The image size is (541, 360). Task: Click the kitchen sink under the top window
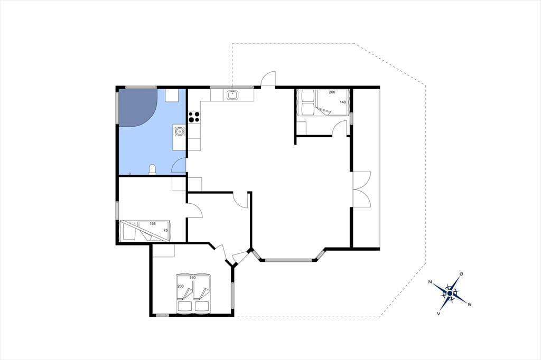(233, 94)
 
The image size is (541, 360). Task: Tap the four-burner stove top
(194, 117)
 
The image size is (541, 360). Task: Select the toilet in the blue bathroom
(152, 169)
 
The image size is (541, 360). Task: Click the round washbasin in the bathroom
(179, 131)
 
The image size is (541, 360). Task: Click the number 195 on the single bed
(153, 223)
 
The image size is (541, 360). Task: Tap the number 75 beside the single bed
(165, 230)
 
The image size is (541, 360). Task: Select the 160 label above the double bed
(192, 278)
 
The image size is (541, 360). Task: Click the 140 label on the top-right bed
(342, 102)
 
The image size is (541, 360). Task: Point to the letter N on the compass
(430, 282)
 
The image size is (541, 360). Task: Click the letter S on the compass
(469, 305)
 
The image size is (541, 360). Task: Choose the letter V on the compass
(438, 314)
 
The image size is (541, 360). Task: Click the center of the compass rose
(450, 293)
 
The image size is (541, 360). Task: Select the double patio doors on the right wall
(361, 190)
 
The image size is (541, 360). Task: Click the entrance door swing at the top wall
(268, 79)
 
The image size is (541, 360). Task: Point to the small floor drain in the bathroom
(130, 173)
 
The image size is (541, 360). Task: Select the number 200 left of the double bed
(181, 286)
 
